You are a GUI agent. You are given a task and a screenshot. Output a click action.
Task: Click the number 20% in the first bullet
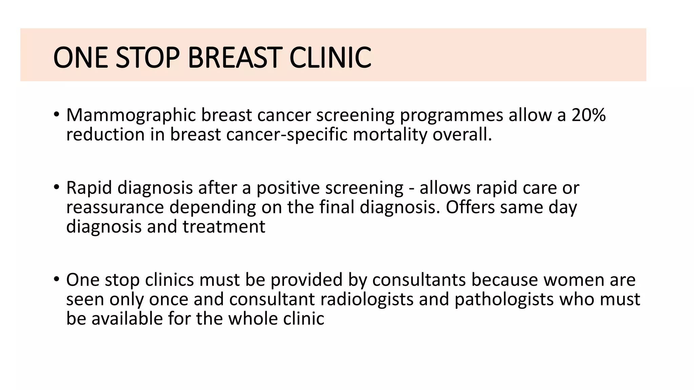(x=589, y=115)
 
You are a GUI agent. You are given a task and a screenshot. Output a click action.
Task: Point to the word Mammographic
(x=131, y=116)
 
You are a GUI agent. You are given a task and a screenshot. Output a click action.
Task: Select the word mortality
(x=390, y=135)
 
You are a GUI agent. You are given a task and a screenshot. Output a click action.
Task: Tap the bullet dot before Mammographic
(x=56, y=114)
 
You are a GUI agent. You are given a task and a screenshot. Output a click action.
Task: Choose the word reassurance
(x=115, y=208)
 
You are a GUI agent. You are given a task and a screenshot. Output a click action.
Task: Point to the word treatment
(x=224, y=226)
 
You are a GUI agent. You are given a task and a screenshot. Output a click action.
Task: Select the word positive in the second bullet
(x=288, y=188)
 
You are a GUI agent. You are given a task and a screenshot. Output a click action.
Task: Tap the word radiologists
(x=367, y=300)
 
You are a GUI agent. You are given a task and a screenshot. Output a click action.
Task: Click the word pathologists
(x=504, y=300)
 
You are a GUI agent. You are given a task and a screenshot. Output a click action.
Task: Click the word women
(x=572, y=280)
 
